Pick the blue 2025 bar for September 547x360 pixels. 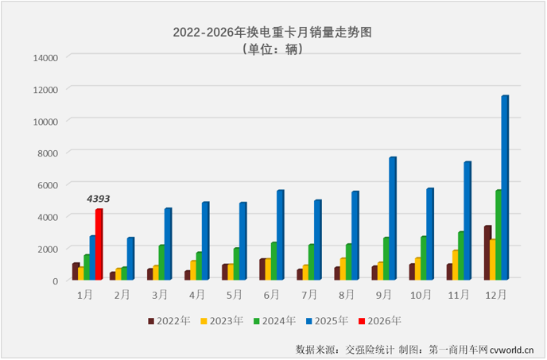point(392,219)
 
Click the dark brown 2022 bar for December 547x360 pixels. point(487,253)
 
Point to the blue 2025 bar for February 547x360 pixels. point(130,259)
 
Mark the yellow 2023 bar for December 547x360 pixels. point(492,260)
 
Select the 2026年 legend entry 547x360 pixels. point(382,321)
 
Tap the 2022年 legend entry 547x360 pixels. point(170,321)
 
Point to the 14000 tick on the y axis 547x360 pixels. point(45,57)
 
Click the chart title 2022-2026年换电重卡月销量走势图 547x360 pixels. point(273,33)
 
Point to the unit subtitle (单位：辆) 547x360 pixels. point(273,48)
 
